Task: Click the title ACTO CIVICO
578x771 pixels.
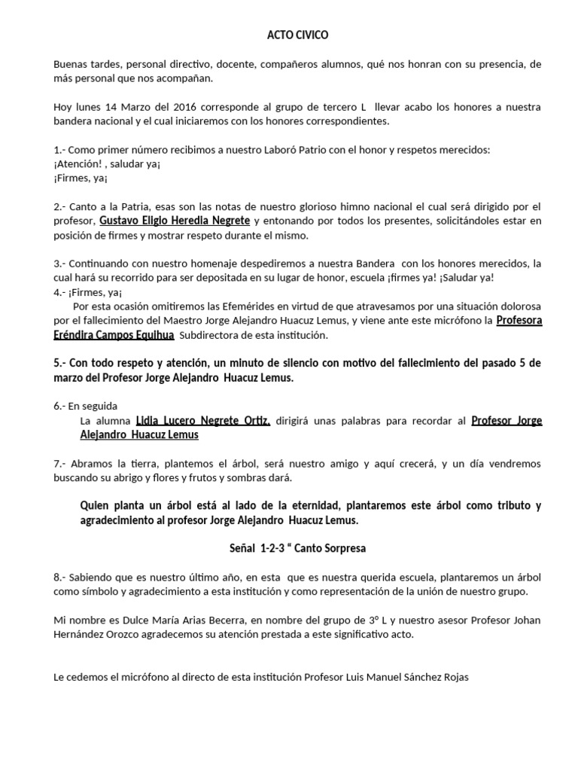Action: point(298,35)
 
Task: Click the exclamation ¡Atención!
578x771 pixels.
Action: point(80,163)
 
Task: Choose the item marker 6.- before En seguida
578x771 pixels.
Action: point(61,406)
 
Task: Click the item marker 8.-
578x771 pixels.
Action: point(61,577)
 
